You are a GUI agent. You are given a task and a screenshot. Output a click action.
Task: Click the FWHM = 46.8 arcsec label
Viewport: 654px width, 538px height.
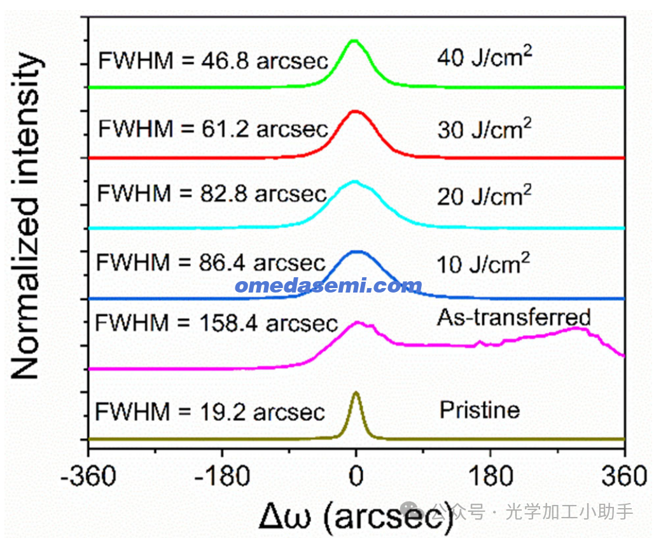point(213,61)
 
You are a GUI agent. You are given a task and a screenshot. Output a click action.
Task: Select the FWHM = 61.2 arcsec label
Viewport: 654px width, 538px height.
point(213,129)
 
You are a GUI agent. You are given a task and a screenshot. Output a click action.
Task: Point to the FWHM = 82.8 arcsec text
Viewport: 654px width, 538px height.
point(211,193)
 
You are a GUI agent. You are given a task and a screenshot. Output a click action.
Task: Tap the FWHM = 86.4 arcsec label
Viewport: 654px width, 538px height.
point(211,261)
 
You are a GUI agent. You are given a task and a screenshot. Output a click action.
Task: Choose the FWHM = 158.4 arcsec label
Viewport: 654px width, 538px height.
point(216,322)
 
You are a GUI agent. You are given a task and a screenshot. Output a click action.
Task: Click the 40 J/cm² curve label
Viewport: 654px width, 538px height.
point(484,59)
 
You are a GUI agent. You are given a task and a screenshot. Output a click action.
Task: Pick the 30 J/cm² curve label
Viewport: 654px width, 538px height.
point(484,129)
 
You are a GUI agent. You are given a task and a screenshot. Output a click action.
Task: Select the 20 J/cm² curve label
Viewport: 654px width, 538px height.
point(484,195)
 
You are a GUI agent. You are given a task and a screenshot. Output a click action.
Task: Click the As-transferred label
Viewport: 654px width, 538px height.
point(514,317)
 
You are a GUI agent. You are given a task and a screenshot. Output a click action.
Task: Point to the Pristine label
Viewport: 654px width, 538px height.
point(480,410)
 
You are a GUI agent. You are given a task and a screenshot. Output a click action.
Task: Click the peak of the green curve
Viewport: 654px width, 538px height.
point(354,41)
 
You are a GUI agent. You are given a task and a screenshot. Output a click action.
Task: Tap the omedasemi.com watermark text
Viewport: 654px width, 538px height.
point(328,286)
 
